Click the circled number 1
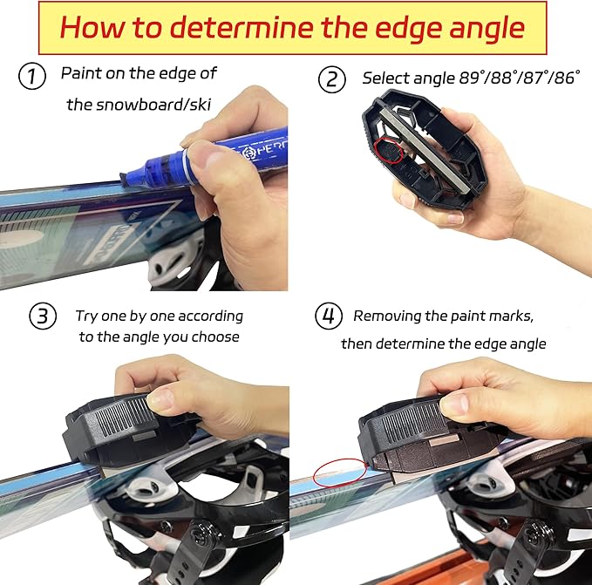click(32, 77)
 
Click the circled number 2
click(332, 79)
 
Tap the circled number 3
click(44, 316)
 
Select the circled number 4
click(329, 316)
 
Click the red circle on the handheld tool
click(385, 151)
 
